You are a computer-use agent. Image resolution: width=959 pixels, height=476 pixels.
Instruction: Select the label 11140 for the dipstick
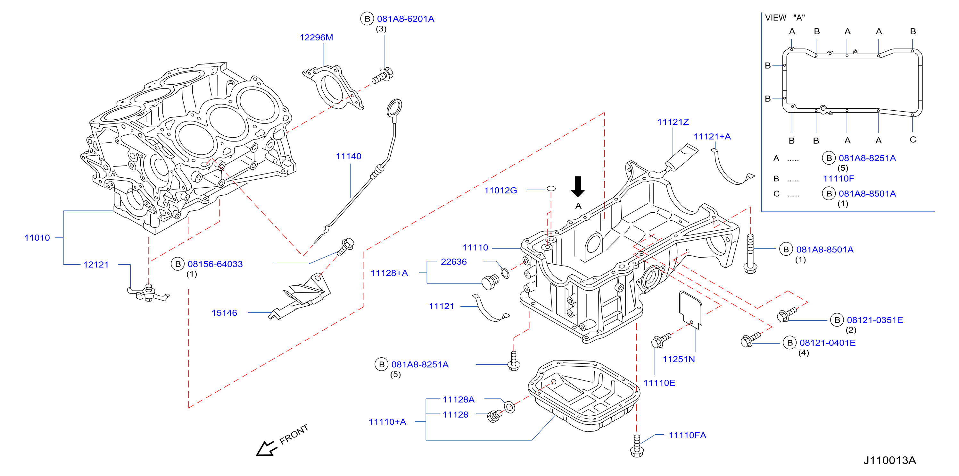click(x=349, y=156)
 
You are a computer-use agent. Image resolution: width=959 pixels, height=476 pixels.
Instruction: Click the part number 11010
click(x=37, y=237)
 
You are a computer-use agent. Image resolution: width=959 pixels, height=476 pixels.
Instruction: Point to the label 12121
click(x=96, y=264)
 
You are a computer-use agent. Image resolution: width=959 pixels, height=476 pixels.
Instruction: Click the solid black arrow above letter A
click(x=577, y=186)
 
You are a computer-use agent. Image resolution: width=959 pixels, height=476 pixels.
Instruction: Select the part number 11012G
click(x=500, y=191)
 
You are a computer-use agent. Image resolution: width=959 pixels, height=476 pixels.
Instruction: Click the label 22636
click(x=453, y=262)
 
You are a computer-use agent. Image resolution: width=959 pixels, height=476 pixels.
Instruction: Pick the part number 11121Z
click(x=673, y=122)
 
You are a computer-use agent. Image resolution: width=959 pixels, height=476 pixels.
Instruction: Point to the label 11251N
click(x=679, y=359)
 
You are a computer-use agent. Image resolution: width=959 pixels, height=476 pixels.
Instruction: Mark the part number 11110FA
click(x=687, y=435)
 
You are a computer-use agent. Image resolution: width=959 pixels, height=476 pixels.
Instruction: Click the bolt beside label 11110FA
click(x=637, y=446)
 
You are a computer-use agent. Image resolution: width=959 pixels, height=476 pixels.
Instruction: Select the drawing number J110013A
click(x=889, y=460)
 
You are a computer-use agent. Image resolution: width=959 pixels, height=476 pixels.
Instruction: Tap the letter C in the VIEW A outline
click(x=913, y=140)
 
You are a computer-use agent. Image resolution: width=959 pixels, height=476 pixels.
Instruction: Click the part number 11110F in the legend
click(x=839, y=179)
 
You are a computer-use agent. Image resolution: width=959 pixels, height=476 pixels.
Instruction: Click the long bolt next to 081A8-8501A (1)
click(x=750, y=253)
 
